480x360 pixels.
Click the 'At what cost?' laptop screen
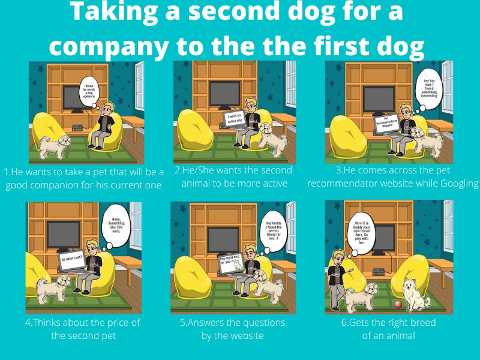(x=71, y=260)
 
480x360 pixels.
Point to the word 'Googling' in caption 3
(x=455, y=184)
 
